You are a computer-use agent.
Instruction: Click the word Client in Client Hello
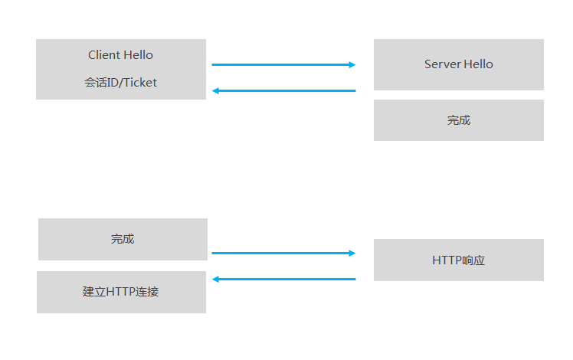(x=103, y=55)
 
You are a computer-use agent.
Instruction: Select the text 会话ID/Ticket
(x=120, y=83)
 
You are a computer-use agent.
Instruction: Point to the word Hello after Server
(x=478, y=64)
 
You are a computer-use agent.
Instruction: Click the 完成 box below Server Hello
(x=458, y=120)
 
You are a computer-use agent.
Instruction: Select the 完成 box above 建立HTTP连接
(x=123, y=239)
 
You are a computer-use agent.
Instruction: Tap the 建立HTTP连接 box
(x=121, y=292)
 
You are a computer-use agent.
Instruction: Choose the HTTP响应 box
(x=458, y=260)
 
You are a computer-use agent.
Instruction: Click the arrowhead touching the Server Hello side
(x=352, y=65)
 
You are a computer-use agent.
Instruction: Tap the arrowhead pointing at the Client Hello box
(x=216, y=91)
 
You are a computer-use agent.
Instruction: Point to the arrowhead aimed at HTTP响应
(x=352, y=253)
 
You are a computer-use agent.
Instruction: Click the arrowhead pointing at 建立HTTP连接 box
(x=216, y=279)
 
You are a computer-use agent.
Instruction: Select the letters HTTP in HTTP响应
(x=447, y=260)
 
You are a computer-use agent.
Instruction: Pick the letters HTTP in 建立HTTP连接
(x=120, y=292)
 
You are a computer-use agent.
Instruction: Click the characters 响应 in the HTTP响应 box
(x=473, y=260)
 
